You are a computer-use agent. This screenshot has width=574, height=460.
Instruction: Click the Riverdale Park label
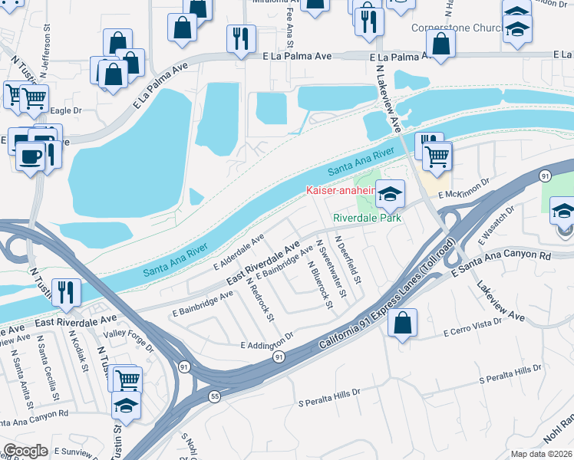tap(368, 218)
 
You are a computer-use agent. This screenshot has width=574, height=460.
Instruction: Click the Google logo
tap(25, 451)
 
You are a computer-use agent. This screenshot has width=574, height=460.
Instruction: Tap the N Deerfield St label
tap(349, 258)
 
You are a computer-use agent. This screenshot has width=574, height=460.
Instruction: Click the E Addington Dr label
tap(267, 343)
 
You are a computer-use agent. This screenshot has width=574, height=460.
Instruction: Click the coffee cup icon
tap(31, 156)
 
